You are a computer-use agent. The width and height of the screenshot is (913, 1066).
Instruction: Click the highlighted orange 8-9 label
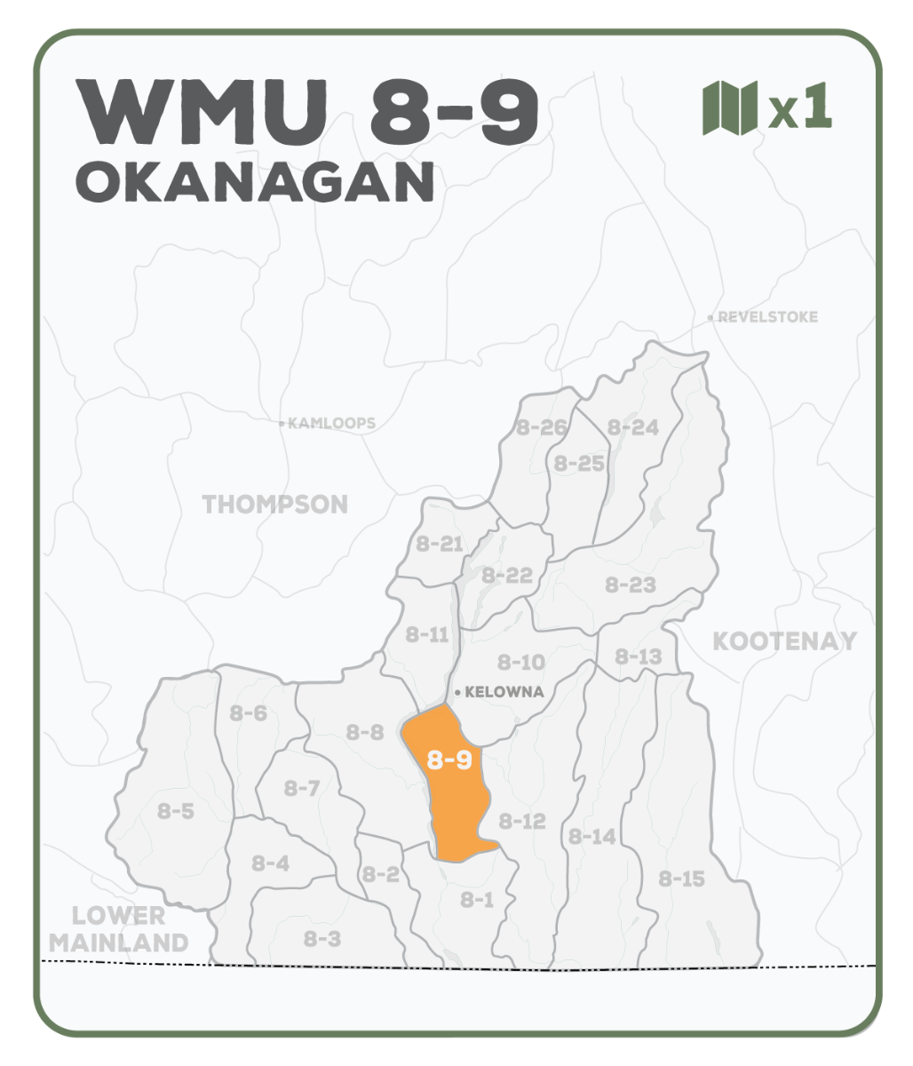coord(449,760)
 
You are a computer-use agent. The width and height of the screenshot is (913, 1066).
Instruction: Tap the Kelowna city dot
coord(457,692)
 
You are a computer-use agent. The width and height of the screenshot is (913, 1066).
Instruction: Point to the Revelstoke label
coord(767,317)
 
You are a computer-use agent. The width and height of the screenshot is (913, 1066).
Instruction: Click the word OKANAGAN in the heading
coord(255,181)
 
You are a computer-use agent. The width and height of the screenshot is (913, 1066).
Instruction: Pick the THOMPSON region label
coord(275,505)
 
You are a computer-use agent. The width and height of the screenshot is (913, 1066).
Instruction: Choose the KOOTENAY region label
coord(785,641)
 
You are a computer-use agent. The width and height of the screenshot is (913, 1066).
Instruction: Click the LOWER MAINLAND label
coord(119,929)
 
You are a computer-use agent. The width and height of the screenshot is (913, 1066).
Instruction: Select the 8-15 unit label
coord(682,879)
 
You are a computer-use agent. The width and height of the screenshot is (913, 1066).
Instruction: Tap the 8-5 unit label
coord(176,810)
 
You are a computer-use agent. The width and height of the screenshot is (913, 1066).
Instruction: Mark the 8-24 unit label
coord(632,427)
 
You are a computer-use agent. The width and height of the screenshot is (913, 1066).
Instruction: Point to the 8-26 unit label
coord(541,427)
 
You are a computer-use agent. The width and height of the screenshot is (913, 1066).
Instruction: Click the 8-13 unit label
coord(638,656)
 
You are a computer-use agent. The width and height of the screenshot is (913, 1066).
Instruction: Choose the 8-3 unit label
coord(322,938)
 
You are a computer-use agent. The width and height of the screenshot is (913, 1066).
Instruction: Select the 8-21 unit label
coord(440,544)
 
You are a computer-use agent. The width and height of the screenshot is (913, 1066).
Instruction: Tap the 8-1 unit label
coord(477,900)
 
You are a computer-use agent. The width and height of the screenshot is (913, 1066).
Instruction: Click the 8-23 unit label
coord(631,585)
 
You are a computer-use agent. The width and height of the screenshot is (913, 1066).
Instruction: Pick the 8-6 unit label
coord(248,712)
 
